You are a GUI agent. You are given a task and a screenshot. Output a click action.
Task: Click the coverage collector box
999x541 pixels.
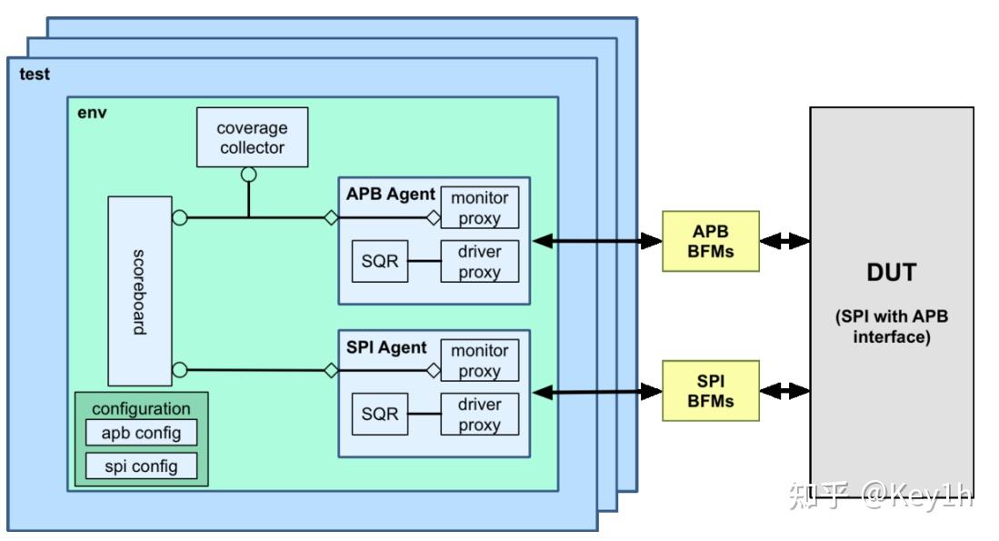click(x=252, y=137)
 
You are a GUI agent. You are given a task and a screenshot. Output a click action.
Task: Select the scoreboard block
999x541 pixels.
click(x=139, y=291)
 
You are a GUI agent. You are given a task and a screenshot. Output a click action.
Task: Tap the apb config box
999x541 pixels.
click(x=141, y=433)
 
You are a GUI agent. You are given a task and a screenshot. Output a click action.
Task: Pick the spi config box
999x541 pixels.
click(x=141, y=466)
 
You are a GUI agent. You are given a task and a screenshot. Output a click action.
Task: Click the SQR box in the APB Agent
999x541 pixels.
click(x=379, y=262)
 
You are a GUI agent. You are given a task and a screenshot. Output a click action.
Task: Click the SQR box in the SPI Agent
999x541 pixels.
click(x=379, y=414)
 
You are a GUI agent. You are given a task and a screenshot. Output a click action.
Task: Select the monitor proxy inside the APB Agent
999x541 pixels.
click(x=479, y=207)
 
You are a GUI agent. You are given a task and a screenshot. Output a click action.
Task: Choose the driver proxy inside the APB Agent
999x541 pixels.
click(x=479, y=261)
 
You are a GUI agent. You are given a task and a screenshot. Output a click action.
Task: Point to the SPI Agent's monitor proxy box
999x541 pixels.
click(x=479, y=360)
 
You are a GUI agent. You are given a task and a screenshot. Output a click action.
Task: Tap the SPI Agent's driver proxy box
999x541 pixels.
click(x=479, y=414)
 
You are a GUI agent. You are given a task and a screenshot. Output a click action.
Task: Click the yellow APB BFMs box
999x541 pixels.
click(x=710, y=241)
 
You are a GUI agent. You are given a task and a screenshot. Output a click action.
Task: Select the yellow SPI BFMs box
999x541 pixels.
click(x=710, y=391)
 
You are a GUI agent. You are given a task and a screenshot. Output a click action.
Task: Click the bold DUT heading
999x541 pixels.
click(x=891, y=273)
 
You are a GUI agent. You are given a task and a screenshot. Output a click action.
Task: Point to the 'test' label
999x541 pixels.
click(x=35, y=75)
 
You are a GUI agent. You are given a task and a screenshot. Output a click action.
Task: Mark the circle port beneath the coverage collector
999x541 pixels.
click(x=248, y=175)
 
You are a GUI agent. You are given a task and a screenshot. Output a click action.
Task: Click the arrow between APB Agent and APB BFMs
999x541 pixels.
click(x=597, y=241)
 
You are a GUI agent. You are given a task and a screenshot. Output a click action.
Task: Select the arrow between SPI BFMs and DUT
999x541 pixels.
click(x=784, y=391)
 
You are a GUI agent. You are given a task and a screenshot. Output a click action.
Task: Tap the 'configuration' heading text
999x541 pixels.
click(x=141, y=408)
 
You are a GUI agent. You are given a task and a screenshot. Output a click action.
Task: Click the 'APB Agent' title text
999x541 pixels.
click(x=390, y=195)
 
